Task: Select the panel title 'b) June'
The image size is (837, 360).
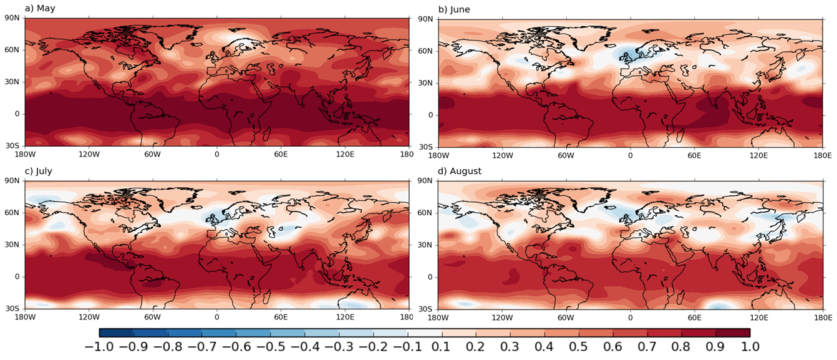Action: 454,9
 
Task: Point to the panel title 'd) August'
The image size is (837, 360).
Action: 460,171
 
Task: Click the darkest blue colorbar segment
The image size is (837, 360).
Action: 116,333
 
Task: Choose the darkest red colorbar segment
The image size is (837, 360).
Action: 732,333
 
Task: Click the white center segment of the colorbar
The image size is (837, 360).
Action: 424,333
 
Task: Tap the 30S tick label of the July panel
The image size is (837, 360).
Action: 12,308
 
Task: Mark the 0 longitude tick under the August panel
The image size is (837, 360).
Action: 630,316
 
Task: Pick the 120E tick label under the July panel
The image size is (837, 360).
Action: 345,316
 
